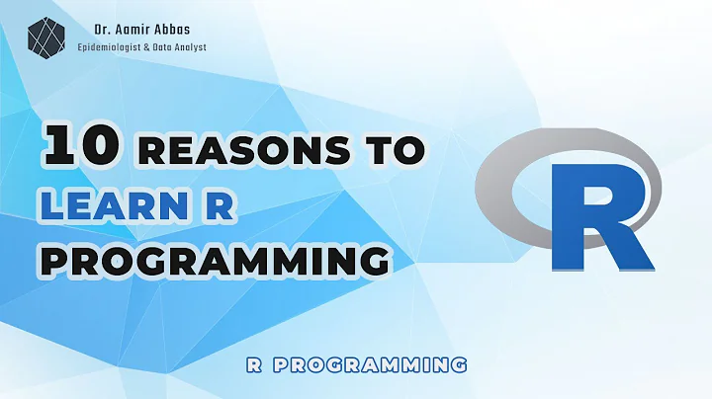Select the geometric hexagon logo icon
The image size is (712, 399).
pos(43,37)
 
